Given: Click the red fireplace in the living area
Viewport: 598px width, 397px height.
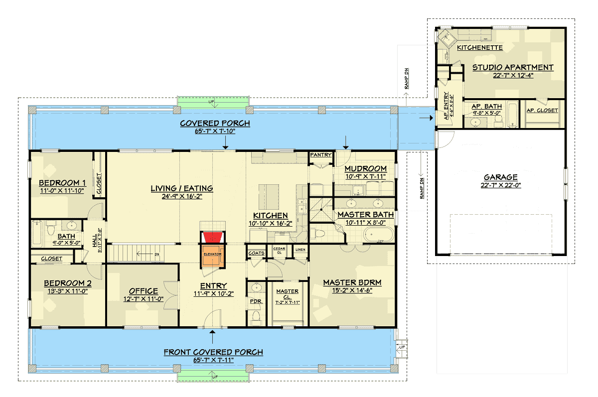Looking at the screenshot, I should (213, 238).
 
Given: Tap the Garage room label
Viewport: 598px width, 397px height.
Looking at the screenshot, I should (500, 177).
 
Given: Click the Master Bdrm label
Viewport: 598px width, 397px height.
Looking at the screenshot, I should (352, 282).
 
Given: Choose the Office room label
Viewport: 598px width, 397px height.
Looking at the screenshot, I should (143, 291).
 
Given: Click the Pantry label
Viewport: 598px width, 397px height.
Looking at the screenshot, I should (320, 155).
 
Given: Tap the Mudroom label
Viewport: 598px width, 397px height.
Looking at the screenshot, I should (365, 169).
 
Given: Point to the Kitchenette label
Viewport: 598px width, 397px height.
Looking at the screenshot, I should (479, 47).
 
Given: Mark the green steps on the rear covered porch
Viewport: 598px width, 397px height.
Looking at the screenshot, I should (214, 101).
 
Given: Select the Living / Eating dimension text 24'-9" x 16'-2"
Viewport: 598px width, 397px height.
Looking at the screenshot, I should (182, 196).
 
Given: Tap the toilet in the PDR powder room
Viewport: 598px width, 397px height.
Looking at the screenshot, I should (256, 316).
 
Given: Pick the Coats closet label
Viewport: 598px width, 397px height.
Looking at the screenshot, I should (256, 253).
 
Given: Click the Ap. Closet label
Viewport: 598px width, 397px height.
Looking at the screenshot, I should (542, 110).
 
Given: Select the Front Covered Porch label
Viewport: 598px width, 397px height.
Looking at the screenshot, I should (213, 352).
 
